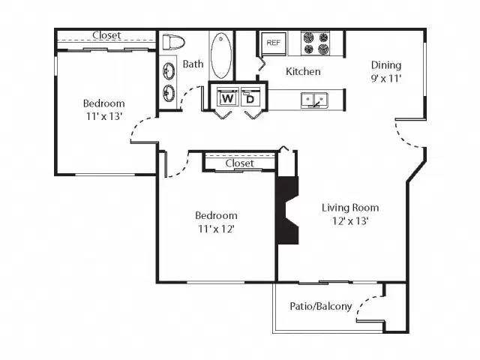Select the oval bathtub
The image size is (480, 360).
221,55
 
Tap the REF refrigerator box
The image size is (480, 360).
273,43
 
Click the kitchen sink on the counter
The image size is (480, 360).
314,99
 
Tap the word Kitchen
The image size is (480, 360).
304,72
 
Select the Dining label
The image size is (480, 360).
385,65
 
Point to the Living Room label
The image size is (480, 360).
350,208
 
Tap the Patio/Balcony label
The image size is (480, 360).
320,306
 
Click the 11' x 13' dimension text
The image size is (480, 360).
103,116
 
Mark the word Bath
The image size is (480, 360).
193,64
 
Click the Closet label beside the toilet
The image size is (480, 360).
106,35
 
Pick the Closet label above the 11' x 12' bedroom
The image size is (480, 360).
239,163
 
